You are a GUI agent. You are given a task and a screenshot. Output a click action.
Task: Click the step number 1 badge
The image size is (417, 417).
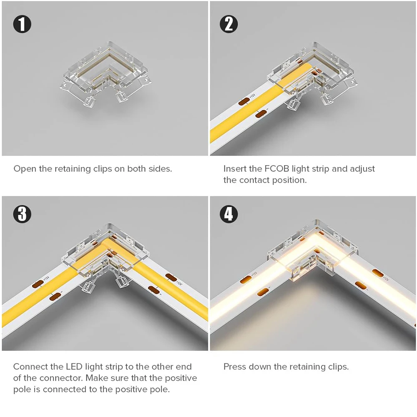[x=22, y=24]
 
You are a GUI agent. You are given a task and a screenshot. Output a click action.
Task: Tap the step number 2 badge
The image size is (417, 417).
[x=229, y=24]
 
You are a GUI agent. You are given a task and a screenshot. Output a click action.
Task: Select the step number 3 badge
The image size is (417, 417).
[x=22, y=214]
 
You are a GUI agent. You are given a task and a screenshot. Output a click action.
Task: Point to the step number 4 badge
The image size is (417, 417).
[x=229, y=214]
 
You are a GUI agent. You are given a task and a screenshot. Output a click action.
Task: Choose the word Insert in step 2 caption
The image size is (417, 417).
[x=235, y=169]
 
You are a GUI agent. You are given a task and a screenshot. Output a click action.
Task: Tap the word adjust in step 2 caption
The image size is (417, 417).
[x=362, y=169]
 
